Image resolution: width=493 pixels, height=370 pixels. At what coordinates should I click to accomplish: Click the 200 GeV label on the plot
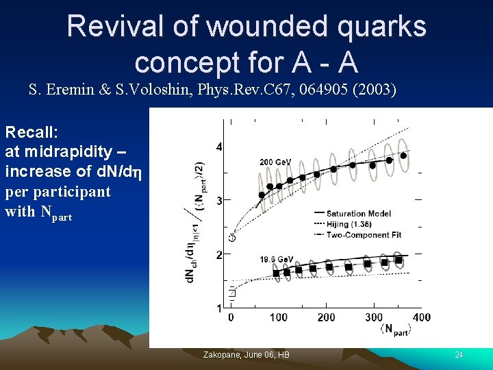coord(275,162)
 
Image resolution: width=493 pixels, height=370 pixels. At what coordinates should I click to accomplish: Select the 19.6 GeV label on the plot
coord(276,259)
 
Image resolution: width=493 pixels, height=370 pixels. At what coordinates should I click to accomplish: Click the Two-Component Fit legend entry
coord(364,235)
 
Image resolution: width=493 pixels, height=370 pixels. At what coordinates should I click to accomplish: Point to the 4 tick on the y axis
coord(218,147)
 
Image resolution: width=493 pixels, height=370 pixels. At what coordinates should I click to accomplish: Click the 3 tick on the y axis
coord(218,201)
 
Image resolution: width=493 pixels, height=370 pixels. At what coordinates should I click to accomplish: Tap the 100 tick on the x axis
coord(278,317)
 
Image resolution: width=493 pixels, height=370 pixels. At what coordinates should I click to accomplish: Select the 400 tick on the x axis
coord(421,317)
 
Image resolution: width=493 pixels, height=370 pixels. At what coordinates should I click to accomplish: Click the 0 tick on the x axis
coord(231,317)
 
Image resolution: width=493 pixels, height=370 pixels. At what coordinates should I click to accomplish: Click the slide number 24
coord(459,355)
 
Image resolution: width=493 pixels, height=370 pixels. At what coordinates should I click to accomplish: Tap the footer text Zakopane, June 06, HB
coord(246,355)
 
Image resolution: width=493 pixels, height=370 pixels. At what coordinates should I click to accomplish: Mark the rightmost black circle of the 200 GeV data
coord(403,156)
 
